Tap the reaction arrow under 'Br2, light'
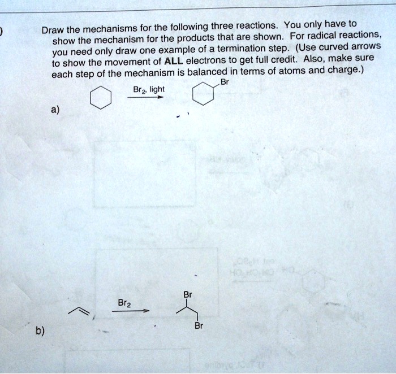145,97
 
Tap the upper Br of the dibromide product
188,295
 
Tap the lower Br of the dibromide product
197,326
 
